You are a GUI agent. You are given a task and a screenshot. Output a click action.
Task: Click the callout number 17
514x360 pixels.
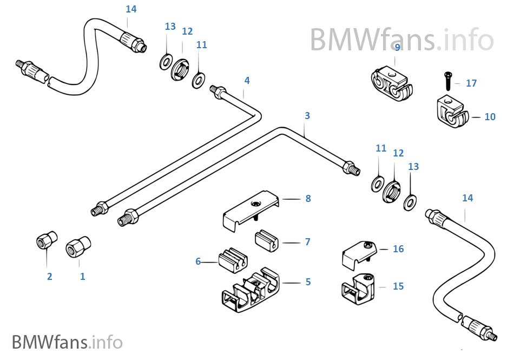tap(471, 83)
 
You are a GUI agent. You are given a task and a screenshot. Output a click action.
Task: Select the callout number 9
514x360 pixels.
tap(397, 48)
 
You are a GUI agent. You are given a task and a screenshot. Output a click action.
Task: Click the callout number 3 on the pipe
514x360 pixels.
tap(307, 116)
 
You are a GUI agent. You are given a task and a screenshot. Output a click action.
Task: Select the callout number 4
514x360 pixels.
tap(247, 81)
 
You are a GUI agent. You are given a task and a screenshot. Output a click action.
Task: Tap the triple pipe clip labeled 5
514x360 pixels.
tap(252, 291)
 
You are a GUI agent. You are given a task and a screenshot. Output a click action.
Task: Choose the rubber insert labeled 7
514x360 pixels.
tap(267, 240)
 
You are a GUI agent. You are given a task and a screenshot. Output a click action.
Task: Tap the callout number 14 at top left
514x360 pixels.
tap(131, 9)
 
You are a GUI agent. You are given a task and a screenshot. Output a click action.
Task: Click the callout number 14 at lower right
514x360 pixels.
tap(467, 198)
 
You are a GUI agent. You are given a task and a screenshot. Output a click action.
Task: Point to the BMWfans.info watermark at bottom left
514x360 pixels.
tap(67, 342)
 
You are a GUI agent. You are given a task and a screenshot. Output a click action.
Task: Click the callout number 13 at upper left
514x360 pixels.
tap(170, 27)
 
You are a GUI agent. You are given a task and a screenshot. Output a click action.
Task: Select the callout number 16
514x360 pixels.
tap(398, 249)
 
